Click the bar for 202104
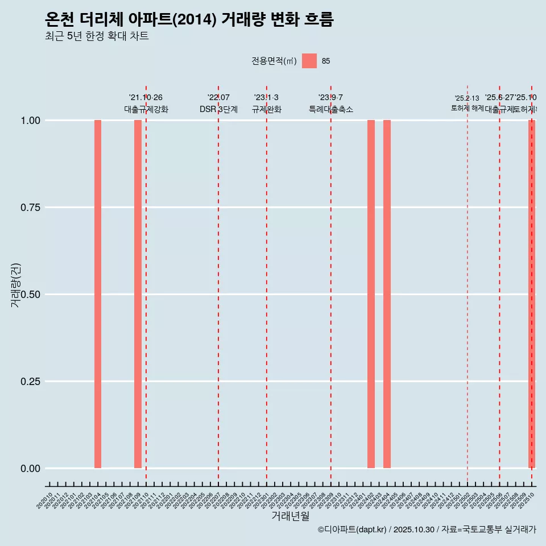[x=98, y=294]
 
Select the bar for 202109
[x=138, y=294]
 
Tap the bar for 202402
[x=371, y=294]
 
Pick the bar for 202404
[x=387, y=294]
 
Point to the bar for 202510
[x=532, y=294]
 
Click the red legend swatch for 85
[x=309, y=61]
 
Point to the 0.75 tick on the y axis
[x=30, y=208]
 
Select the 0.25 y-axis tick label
[x=30, y=382]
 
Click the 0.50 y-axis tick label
[x=30, y=295]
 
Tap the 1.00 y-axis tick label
[x=30, y=121]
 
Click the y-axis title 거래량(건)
[x=15, y=285]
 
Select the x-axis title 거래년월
[x=291, y=516]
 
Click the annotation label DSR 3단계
[x=218, y=109]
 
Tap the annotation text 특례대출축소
[x=331, y=109]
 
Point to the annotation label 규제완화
[x=267, y=109]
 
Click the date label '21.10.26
[x=146, y=98]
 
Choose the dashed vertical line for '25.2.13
[x=468, y=284]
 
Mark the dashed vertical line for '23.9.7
[x=331, y=284]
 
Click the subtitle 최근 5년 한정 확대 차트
[x=97, y=36]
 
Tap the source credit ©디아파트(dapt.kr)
[x=352, y=530]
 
